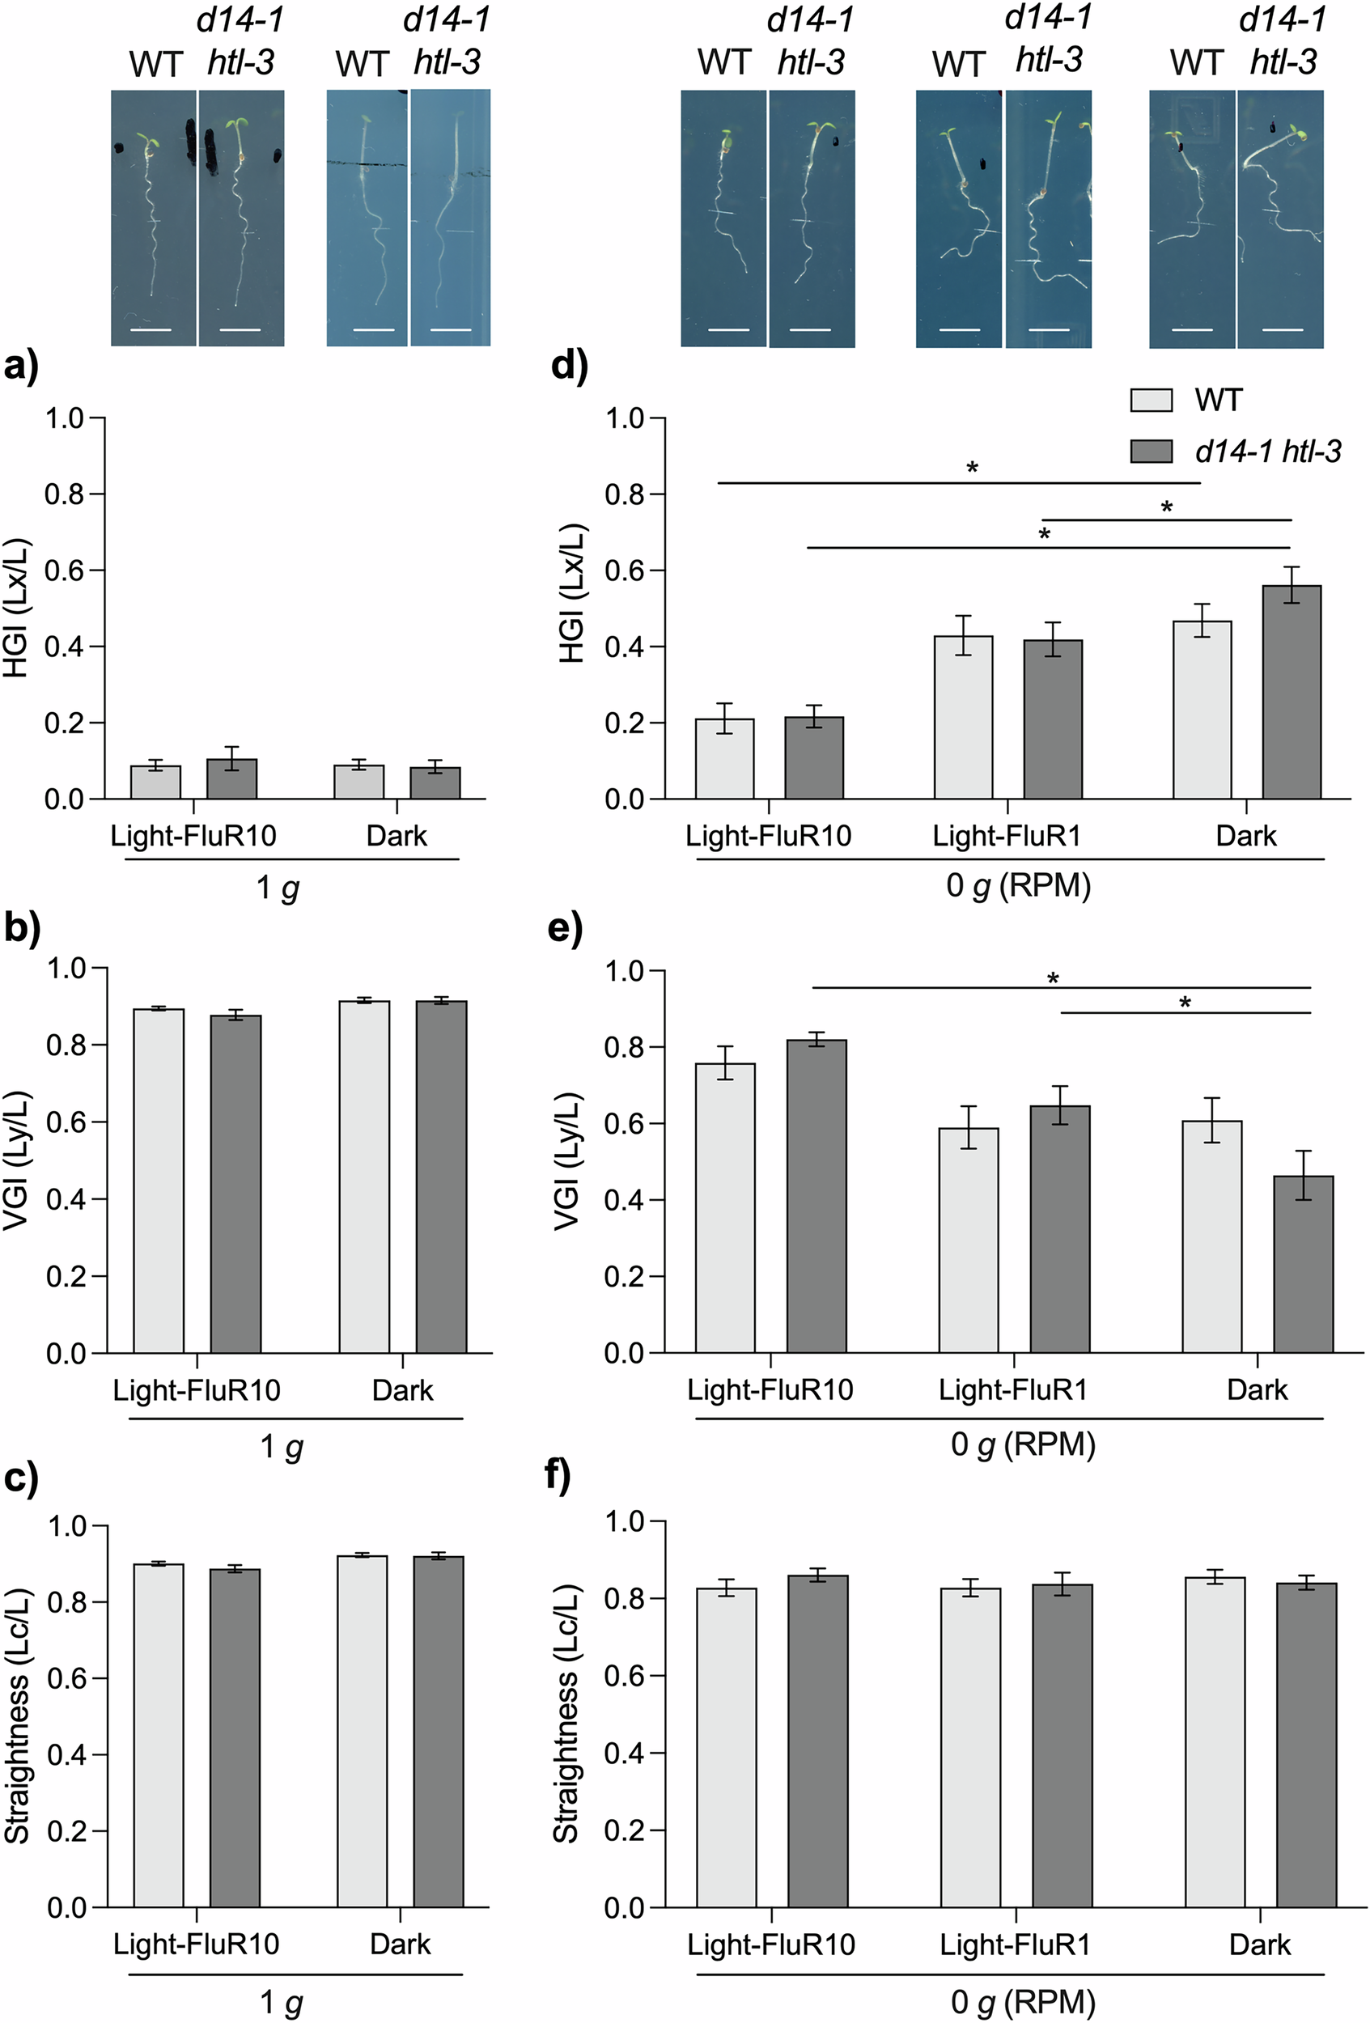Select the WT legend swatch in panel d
coord(1151,400)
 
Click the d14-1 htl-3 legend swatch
coord(1151,451)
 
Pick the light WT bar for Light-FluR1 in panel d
coord(964,717)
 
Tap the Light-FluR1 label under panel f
coord(1014,1944)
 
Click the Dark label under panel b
coord(402,1390)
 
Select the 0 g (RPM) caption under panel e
coord(1022,1444)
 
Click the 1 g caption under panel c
coord(281,2003)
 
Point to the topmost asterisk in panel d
coord(972,469)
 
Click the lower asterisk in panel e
coord(1185,1003)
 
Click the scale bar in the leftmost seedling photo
coord(151,330)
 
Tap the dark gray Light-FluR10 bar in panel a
coord(231,779)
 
